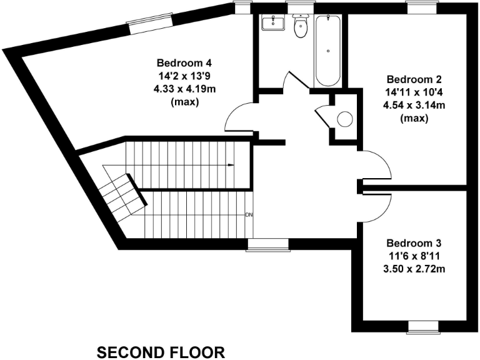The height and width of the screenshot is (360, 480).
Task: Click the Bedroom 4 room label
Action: click(x=184, y=62)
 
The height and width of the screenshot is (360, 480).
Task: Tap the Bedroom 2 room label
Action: click(x=414, y=79)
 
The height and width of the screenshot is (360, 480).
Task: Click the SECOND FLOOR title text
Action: click(x=161, y=352)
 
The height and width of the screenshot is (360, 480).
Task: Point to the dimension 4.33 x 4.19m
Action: click(x=184, y=89)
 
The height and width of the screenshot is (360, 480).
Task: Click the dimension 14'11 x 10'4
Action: click(x=414, y=92)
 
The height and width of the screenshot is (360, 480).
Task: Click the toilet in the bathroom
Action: click(x=301, y=26)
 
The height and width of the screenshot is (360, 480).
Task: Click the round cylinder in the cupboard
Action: click(x=345, y=118)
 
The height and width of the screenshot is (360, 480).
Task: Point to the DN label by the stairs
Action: click(x=249, y=215)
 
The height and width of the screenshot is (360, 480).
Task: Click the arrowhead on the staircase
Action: click(x=231, y=165)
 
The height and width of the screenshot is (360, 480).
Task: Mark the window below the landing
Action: click(x=267, y=244)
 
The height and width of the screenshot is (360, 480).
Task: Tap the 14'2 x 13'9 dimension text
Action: click(x=184, y=76)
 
